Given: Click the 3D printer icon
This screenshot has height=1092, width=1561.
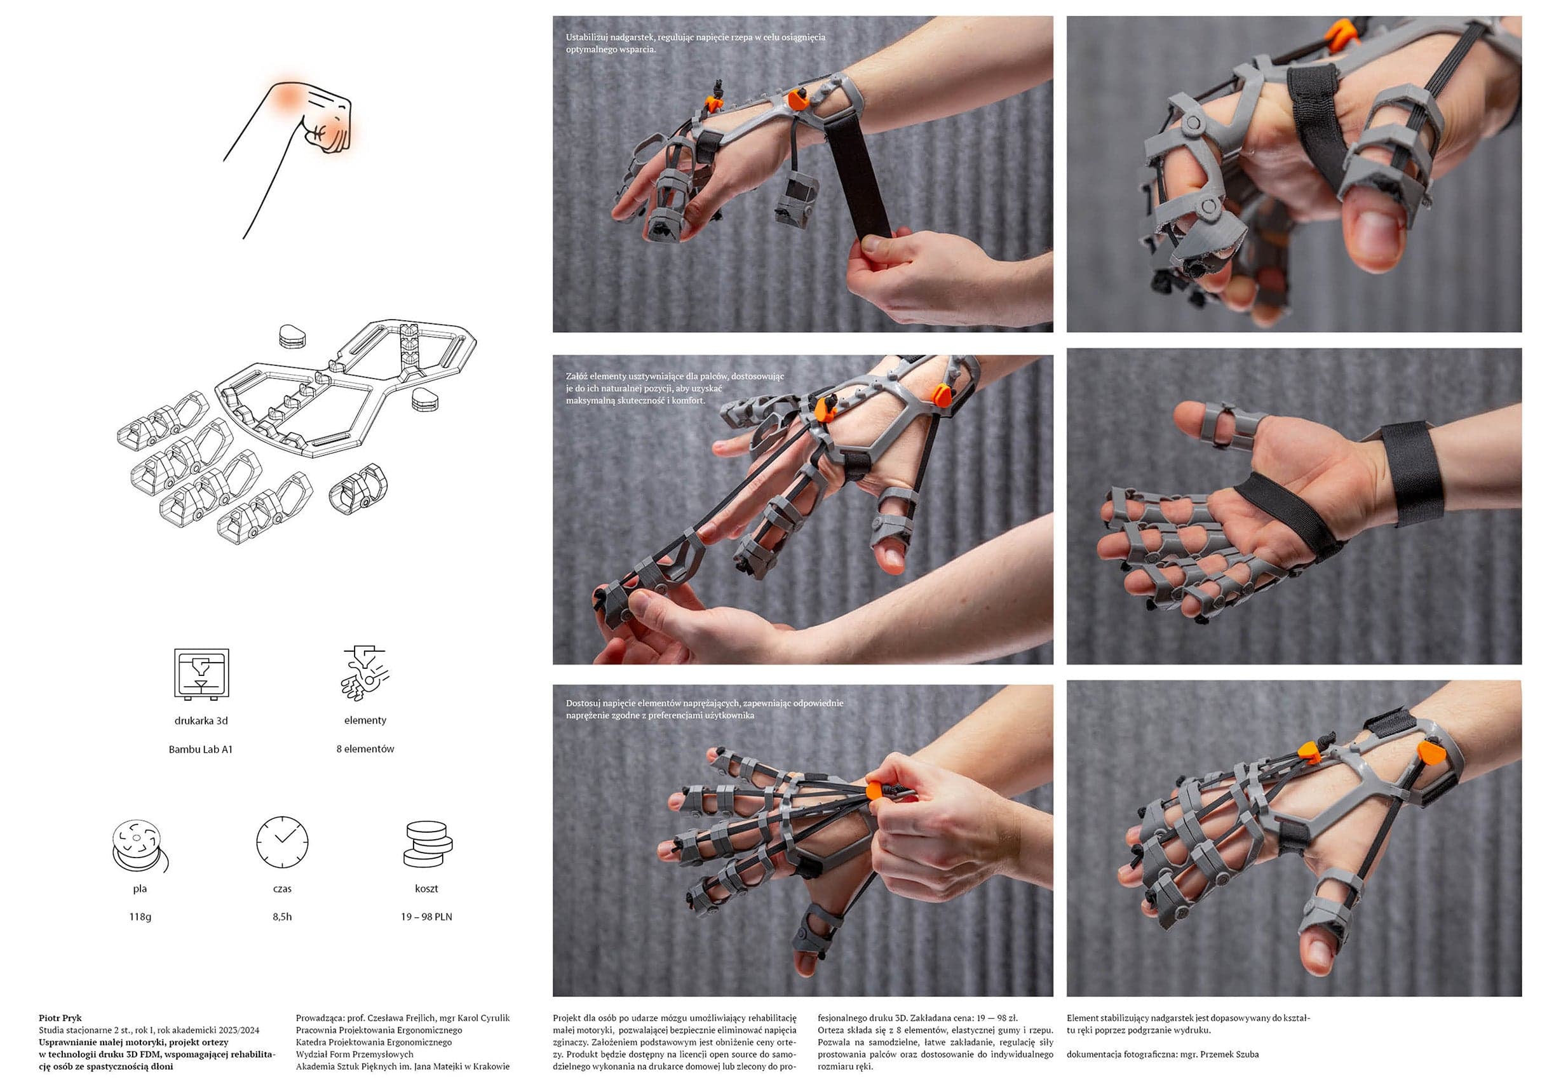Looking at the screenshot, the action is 201,674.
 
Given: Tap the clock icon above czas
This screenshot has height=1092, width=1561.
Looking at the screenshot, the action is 282,842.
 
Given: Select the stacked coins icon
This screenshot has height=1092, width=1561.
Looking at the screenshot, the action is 428,844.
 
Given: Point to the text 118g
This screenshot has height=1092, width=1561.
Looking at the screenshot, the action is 140,917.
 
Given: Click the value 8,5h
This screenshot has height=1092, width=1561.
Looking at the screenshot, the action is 282,917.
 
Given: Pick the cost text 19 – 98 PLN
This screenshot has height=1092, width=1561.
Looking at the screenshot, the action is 426,917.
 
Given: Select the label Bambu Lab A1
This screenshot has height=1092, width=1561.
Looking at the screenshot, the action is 201,750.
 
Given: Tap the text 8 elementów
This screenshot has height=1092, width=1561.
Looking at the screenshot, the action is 365,748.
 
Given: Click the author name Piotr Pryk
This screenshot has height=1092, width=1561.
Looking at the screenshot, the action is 60,1018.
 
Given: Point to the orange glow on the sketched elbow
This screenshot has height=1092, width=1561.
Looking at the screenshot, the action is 289,96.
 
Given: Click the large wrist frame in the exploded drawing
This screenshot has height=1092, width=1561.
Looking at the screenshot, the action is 346,387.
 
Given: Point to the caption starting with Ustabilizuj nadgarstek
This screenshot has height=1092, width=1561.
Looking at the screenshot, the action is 696,43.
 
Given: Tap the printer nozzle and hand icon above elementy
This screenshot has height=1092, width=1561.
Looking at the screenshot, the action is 365,673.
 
